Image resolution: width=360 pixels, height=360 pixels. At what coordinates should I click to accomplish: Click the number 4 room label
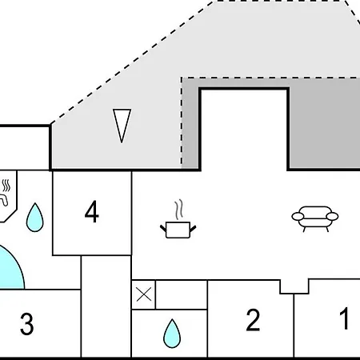pyautogui.click(x=92, y=212)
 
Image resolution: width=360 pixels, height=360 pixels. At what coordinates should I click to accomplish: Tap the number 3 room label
pyautogui.click(x=27, y=324)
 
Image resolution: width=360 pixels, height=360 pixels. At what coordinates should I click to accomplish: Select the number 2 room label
pyautogui.click(x=253, y=320)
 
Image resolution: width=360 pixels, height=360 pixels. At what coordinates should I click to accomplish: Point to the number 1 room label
pyautogui.click(x=344, y=318)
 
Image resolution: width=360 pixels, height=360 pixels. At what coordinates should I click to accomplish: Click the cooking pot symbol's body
pyautogui.click(x=178, y=230)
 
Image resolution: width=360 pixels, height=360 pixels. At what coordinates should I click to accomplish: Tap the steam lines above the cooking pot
pyautogui.click(x=179, y=210)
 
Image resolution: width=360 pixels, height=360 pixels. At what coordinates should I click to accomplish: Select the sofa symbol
pyautogui.click(x=315, y=219)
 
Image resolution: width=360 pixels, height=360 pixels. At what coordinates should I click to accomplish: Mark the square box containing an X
pyautogui.click(x=144, y=294)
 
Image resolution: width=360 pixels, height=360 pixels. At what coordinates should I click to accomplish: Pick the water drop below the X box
pyautogui.click(x=172, y=334)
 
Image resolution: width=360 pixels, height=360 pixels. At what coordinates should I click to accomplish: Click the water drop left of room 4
pyautogui.click(x=35, y=218)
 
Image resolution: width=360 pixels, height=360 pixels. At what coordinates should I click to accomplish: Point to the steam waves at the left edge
pyautogui.click(x=6, y=186)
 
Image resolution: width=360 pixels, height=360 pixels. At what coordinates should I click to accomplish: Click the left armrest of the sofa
pyautogui.click(x=298, y=216)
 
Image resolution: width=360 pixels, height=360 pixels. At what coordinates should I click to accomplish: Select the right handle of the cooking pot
pyautogui.click(x=193, y=229)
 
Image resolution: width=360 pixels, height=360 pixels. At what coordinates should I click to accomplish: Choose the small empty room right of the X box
pyautogui.click(x=182, y=294)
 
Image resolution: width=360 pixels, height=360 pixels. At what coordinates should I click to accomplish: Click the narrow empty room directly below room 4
pyautogui.click(x=106, y=306)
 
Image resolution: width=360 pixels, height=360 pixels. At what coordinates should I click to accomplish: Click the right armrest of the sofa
pyautogui.click(x=332, y=216)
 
